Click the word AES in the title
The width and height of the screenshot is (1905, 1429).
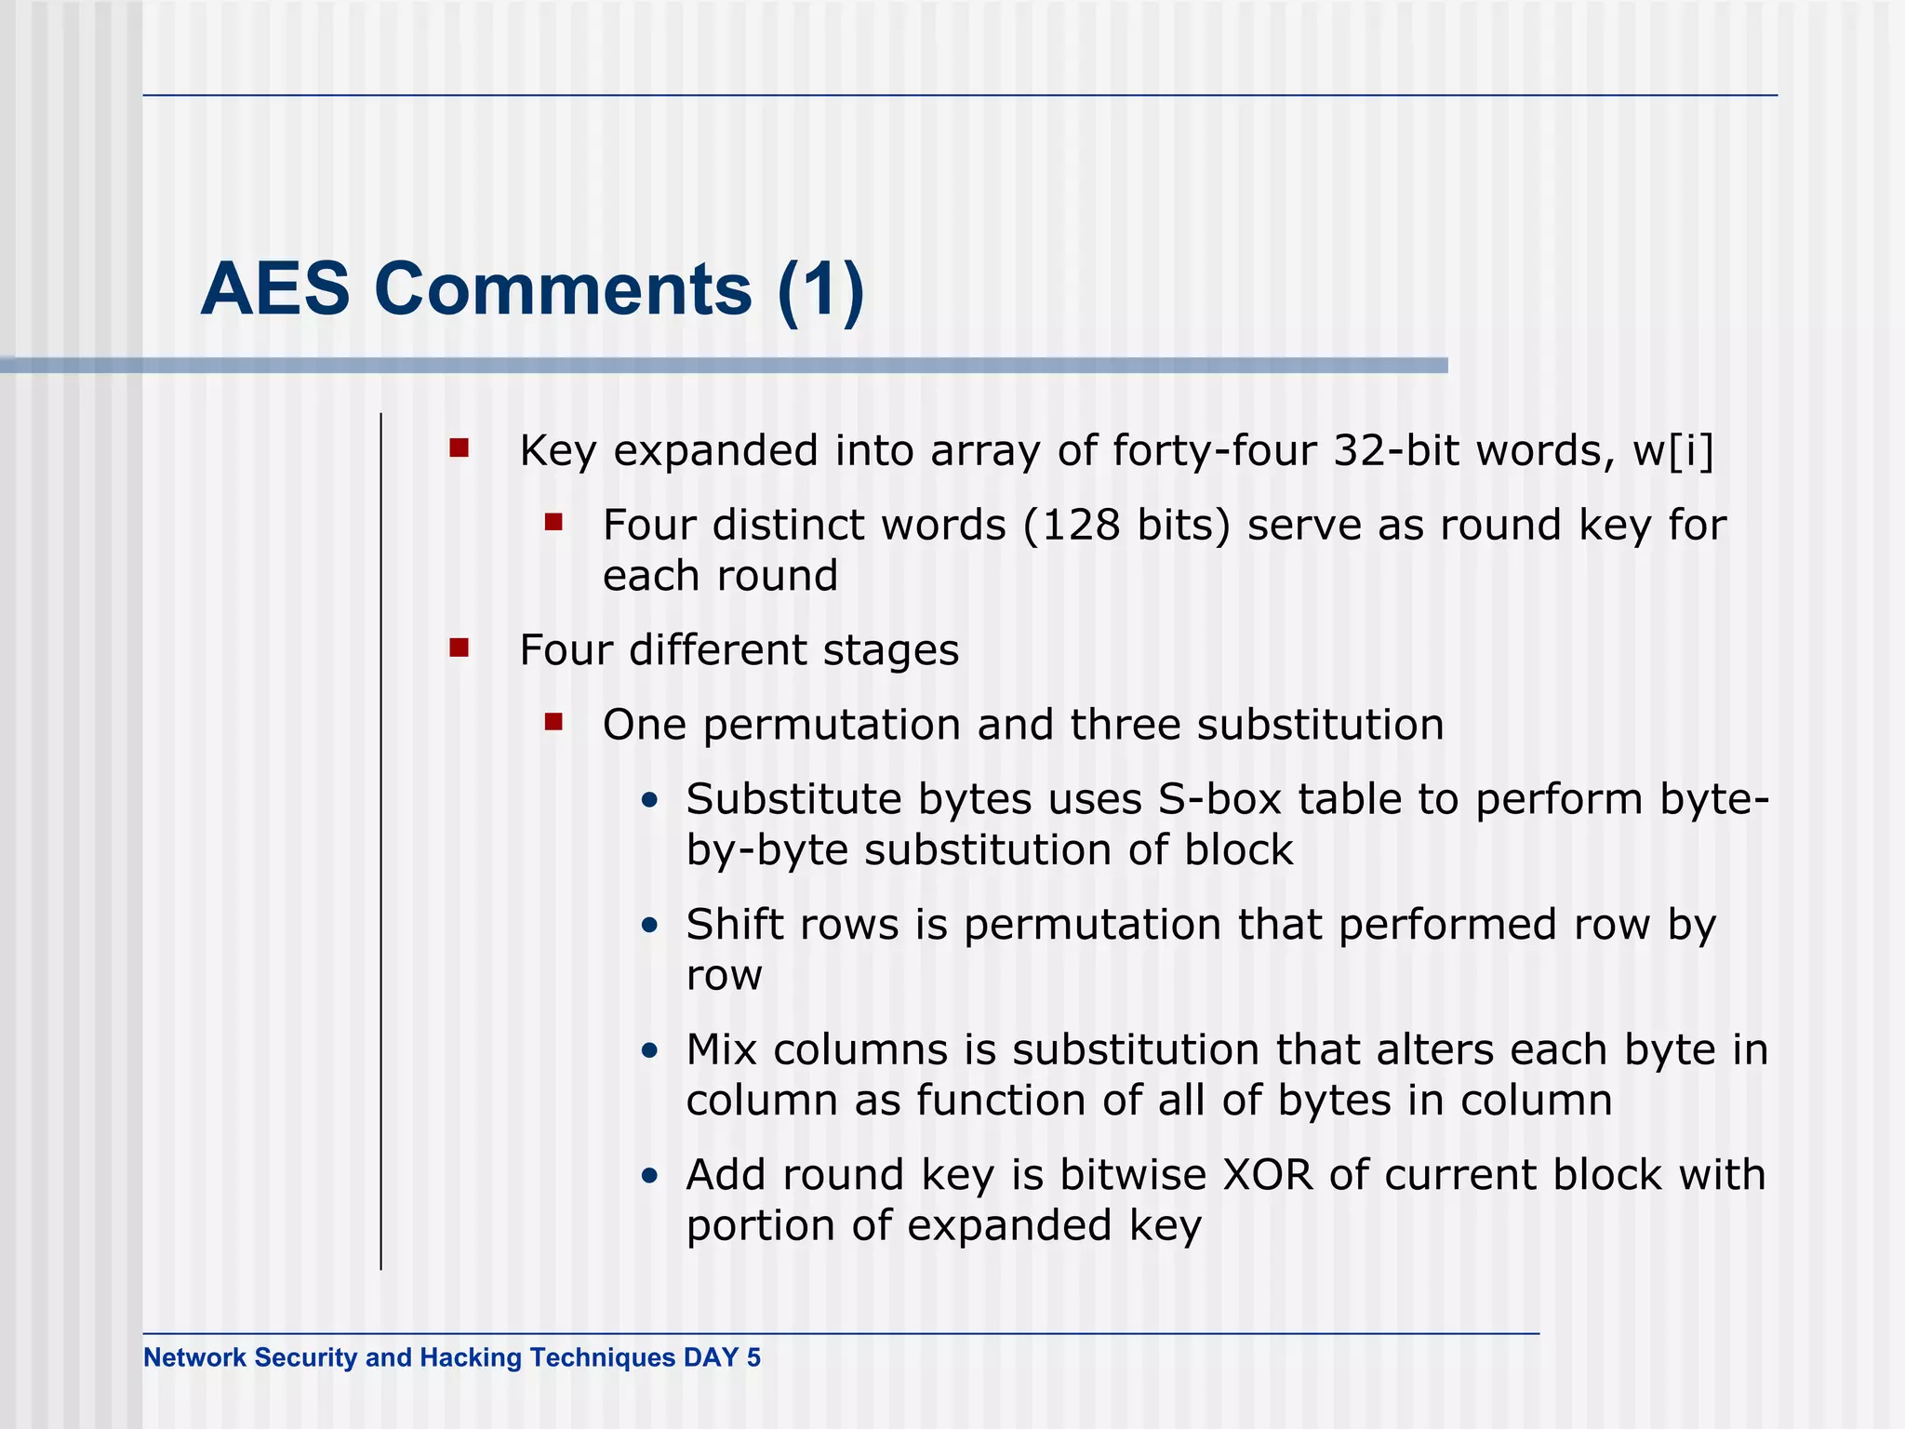[274, 289]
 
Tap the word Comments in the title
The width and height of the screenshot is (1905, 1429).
[563, 289]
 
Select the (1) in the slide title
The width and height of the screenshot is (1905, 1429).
[820, 289]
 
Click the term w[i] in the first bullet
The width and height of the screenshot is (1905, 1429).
[1672, 451]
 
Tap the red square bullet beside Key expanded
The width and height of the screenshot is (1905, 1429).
[459, 449]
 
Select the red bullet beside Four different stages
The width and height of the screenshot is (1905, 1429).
[459, 648]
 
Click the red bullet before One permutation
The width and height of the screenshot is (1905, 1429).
[554, 722]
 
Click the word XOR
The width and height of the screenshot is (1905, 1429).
[1267, 1175]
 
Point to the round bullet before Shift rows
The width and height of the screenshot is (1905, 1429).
[650, 926]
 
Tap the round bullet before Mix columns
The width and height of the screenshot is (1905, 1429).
[650, 1051]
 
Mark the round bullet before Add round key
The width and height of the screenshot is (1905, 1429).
[650, 1176]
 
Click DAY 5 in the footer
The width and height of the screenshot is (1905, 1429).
[722, 1358]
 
